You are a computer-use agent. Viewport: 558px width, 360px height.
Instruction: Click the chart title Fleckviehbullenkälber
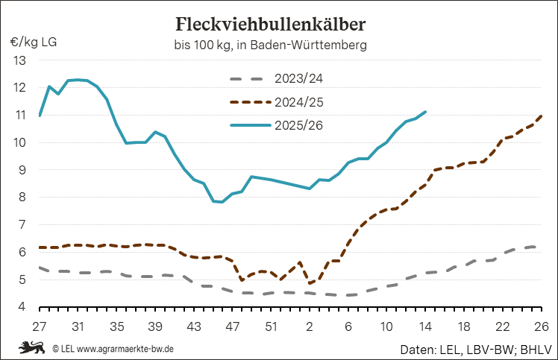(x=270, y=24)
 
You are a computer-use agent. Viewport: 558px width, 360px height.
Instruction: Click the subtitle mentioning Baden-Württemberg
(x=269, y=45)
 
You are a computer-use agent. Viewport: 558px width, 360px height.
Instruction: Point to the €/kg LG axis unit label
(x=34, y=41)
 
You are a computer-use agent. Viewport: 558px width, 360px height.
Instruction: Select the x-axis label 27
(x=40, y=326)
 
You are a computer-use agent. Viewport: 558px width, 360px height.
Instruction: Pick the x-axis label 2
(x=310, y=326)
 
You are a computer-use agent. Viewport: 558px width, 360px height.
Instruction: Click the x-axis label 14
(x=425, y=326)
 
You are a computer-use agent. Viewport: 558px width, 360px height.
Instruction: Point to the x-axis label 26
(x=541, y=326)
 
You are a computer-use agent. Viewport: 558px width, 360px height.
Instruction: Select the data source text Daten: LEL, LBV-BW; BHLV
(x=474, y=348)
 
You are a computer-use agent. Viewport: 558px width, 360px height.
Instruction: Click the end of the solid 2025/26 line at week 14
(x=425, y=113)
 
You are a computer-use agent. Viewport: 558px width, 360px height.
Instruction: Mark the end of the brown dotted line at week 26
(x=541, y=116)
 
